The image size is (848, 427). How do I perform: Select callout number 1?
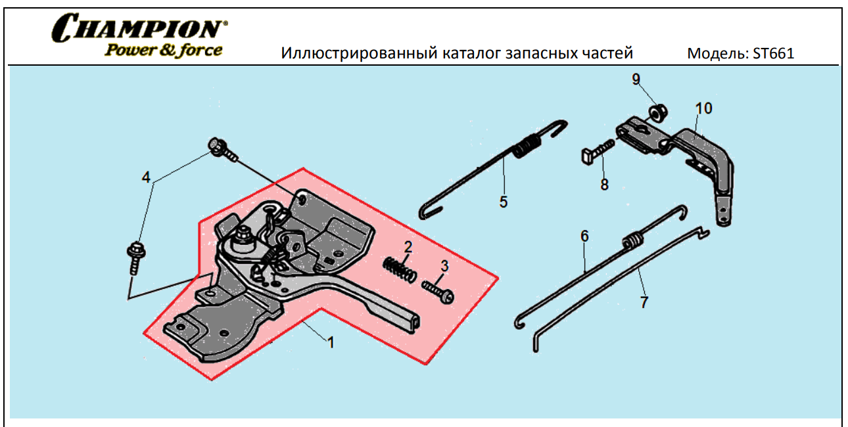(331, 342)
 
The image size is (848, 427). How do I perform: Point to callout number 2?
(408, 248)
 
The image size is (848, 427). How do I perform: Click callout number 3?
(445, 266)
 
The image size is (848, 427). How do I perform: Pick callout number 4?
(147, 177)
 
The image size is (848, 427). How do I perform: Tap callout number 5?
(504, 202)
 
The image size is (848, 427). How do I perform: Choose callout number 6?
(584, 235)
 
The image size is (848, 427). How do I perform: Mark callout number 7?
(644, 302)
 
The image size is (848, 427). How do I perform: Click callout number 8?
(604, 185)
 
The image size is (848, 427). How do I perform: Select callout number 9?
(636, 79)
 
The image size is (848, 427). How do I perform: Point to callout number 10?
(703, 108)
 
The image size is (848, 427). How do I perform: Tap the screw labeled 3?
(438, 292)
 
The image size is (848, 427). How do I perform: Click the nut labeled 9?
(655, 112)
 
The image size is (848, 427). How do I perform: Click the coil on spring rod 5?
(525, 146)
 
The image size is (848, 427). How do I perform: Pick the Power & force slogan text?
(163, 50)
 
